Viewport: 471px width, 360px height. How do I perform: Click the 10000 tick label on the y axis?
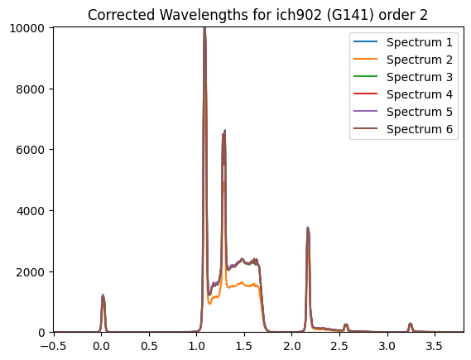27,28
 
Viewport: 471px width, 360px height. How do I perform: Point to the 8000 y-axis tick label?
31,89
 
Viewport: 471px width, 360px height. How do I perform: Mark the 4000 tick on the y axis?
31,211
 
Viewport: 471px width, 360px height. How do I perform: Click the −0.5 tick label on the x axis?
53,347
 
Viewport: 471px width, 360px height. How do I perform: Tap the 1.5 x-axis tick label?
244,347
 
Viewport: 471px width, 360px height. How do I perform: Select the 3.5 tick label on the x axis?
435,347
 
